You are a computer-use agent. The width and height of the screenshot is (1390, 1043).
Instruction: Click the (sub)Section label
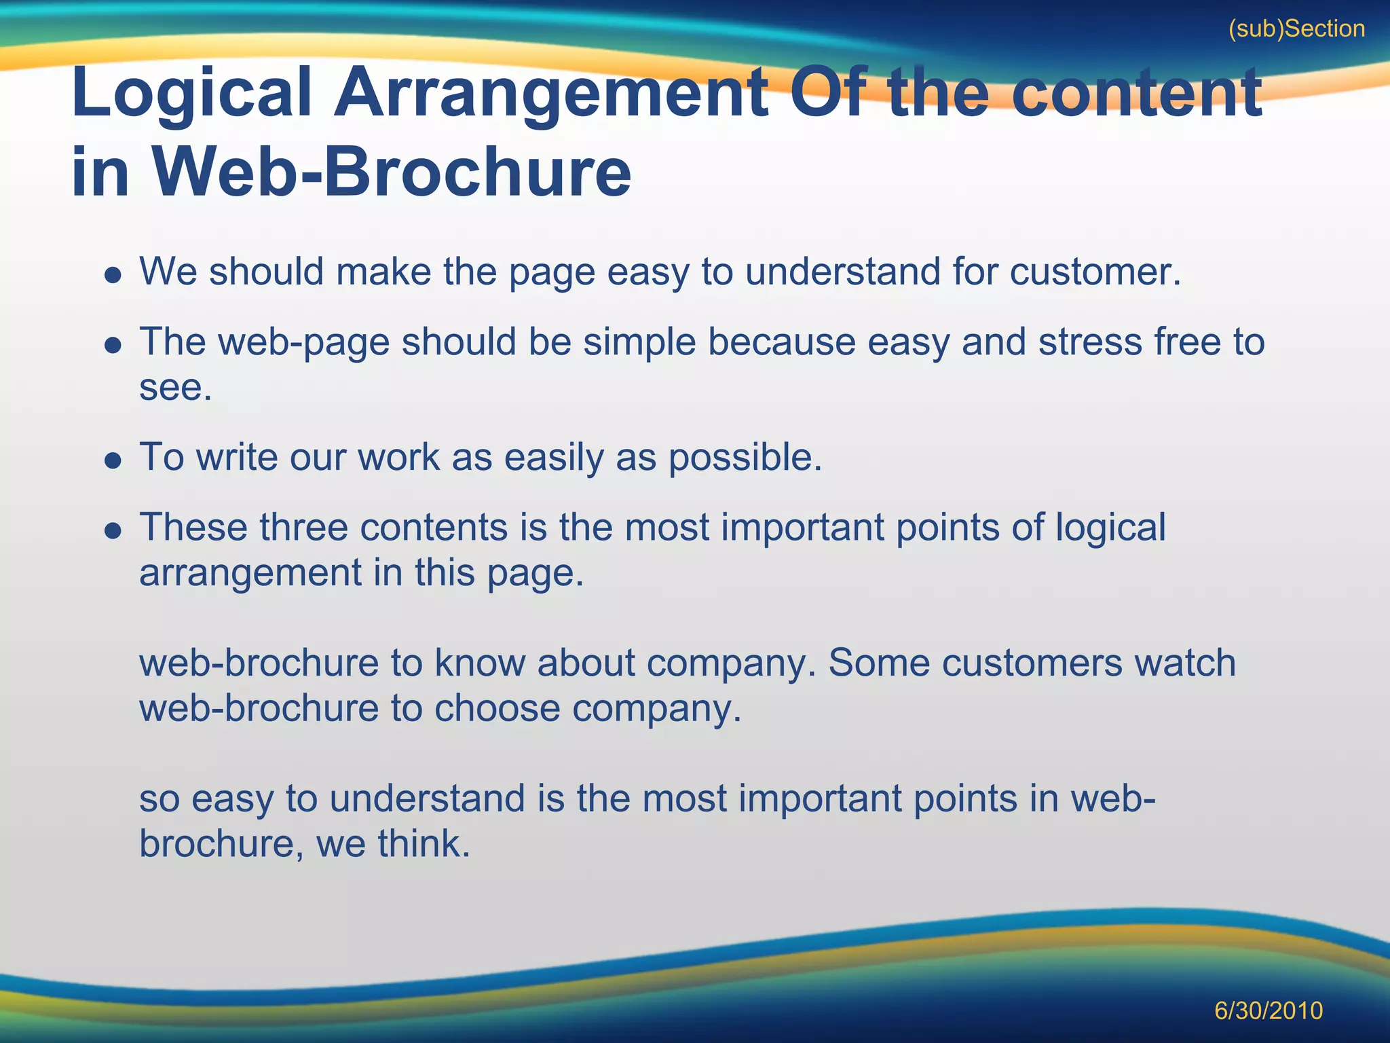click(1296, 29)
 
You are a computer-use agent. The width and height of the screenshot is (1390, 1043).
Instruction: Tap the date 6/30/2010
click(1268, 1010)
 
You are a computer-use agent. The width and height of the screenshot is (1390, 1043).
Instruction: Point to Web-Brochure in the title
click(391, 172)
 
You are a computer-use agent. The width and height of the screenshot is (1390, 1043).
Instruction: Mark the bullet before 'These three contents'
click(113, 530)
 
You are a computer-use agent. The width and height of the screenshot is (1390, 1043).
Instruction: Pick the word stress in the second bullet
click(1090, 342)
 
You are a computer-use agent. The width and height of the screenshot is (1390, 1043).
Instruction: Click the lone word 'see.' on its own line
click(175, 388)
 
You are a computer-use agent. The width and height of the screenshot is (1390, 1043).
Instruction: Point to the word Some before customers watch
click(879, 663)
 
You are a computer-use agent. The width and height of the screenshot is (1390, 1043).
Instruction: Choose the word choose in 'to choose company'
click(497, 709)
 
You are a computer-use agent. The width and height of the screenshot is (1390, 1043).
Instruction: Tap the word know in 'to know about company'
click(479, 663)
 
